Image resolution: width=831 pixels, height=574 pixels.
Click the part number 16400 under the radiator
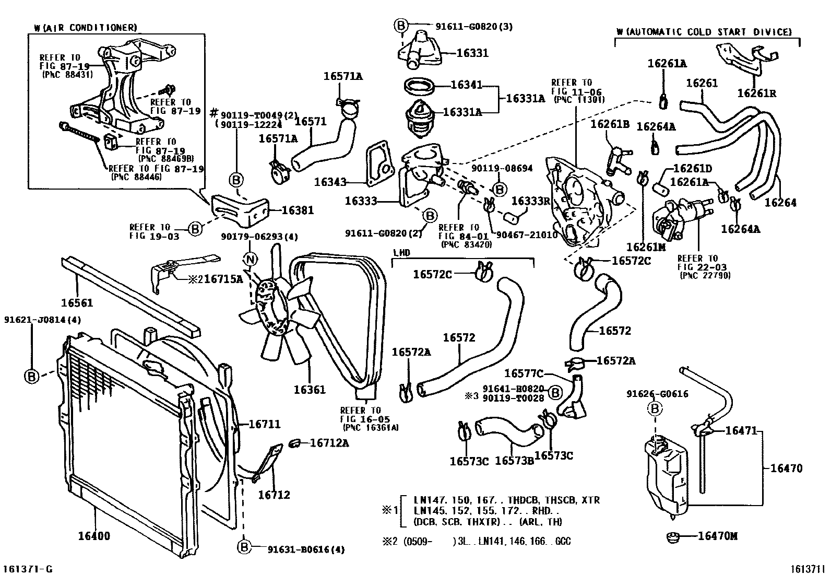pyautogui.click(x=94, y=536)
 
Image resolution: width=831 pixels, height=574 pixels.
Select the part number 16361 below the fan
pyautogui.click(x=310, y=389)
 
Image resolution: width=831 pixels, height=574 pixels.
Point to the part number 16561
pyautogui.click(x=77, y=302)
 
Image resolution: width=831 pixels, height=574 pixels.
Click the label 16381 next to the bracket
pyautogui.click(x=298, y=210)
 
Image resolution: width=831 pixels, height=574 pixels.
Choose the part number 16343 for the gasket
pyautogui.click(x=330, y=182)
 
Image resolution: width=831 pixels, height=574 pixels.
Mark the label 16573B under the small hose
pyautogui.click(x=514, y=461)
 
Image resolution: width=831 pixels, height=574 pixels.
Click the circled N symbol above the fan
pyautogui.click(x=251, y=259)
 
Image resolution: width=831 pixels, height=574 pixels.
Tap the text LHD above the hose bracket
pyautogui.click(x=401, y=252)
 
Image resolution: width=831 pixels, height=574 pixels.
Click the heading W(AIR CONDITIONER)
pyautogui.click(x=85, y=27)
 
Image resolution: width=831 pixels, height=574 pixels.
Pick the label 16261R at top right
pyautogui.click(x=757, y=93)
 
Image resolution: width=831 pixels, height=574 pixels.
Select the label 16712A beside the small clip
pyautogui.click(x=329, y=443)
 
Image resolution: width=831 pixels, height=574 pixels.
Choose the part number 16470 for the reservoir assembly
pyautogui.click(x=787, y=468)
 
